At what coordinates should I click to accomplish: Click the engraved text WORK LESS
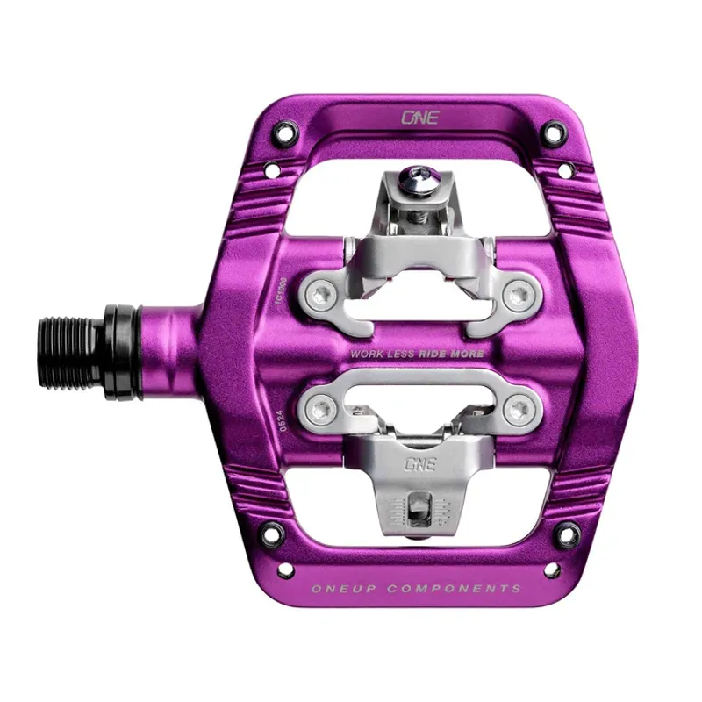383,355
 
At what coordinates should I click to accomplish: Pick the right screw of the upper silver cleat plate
519,290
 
